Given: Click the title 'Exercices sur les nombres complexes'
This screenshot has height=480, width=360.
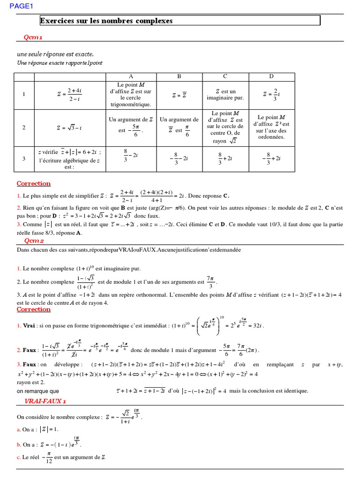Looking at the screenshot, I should click(x=106, y=21).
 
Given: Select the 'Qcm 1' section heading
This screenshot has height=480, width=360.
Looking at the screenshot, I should click(x=33, y=37).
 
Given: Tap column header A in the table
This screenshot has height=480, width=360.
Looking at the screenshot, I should click(x=130, y=76).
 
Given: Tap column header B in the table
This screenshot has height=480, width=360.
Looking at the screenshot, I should click(x=179, y=76).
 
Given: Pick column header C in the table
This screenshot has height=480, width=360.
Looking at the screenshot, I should click(x=225, y=76).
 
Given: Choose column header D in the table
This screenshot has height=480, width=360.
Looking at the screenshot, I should click(x=271, y=76).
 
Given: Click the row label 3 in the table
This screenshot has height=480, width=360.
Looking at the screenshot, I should click(x=24, y=159).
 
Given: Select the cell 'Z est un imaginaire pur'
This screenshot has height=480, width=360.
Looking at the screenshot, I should click(x=225, y=95).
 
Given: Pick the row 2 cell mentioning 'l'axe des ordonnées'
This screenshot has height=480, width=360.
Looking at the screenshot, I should click(x=271, y=127).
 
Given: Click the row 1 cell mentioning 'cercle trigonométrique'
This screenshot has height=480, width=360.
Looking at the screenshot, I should click(x=130, y=95).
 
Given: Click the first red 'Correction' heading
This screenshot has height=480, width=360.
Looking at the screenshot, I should click(x=33, y=183).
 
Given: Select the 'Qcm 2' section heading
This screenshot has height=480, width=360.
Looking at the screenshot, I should click(x=34, y=241).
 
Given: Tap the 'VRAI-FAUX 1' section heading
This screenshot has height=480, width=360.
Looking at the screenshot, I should click(x=45, y=401).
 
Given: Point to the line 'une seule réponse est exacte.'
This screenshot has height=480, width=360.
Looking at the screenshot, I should click(x=55, y=54).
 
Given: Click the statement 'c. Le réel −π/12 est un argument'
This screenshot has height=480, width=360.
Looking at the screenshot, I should click(x=62, y=457).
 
